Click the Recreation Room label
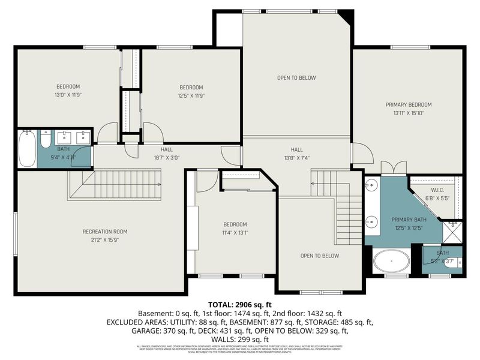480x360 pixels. [x=105, y=232]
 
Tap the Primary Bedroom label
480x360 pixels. [x=408, y=104]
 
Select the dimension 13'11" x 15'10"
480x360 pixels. [x=408, y=113]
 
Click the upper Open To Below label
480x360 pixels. [x=296, y=78]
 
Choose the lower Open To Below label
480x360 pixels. [x=320, y=256]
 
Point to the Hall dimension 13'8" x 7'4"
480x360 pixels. [x=296, y=158]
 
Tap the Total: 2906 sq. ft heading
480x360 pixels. [x=240, y=304]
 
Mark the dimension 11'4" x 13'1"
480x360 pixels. [x=235, y=233]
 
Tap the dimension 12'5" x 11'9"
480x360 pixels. [x=191, y=95]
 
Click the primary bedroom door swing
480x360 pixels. [x=360, y=154]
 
